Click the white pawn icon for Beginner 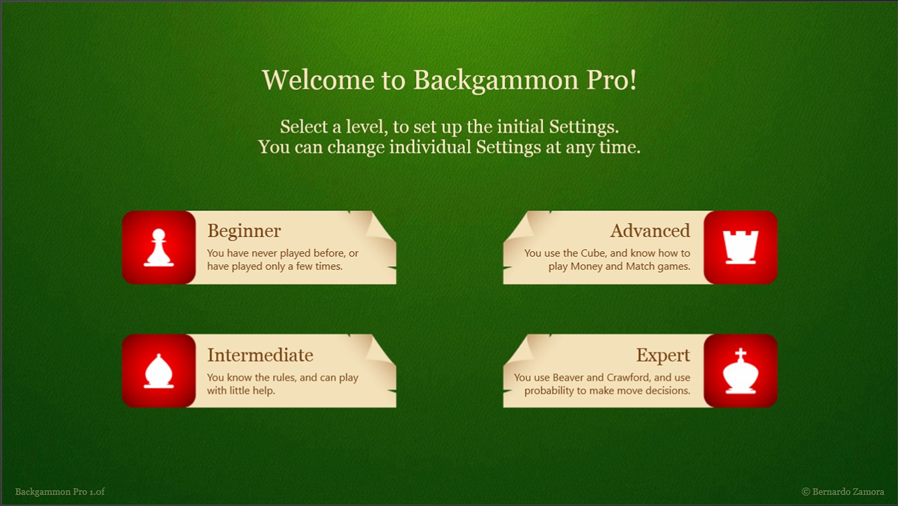pos(158,248)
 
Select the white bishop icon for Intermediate pos(158,371)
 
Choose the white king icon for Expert pos(740,371)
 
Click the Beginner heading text pos(244,231)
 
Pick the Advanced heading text pos(650,231)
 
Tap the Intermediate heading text pos(260,355)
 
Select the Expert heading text pos(663,355)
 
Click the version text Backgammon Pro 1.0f pos(60,492)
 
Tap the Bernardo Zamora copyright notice pos(843,492)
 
